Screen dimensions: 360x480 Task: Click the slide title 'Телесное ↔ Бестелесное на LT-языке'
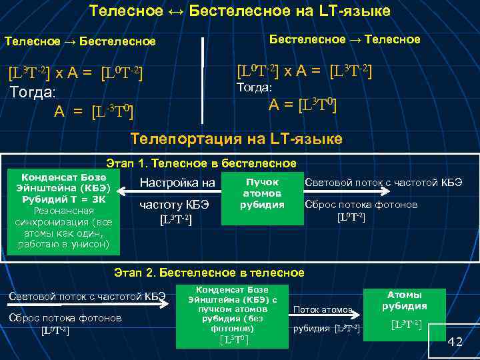click(239, 11)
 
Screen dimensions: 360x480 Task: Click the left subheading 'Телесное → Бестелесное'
click(80, 41)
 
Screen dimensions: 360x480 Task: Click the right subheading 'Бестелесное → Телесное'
click(344, 39)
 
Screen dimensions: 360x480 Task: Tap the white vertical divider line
click(203, 80)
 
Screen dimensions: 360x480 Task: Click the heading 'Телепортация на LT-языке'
click(237, 139)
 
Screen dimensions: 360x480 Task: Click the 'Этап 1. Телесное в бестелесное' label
click(201, 163)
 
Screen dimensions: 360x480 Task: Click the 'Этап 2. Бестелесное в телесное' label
click(209, 273)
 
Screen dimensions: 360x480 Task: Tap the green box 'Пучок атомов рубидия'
click(263, 193)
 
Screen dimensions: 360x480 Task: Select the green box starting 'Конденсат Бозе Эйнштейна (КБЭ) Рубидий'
click(64, 211)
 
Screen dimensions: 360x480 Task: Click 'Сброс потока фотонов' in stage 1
click(361, 205)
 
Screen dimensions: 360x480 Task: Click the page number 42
click(455, 342)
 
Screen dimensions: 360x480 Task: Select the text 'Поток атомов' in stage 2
click(323, 310)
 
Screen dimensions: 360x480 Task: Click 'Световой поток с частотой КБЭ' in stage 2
click(87, 297)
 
